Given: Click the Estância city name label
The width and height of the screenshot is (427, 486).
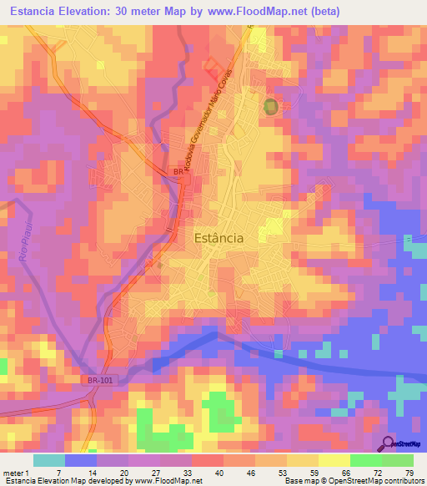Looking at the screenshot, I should click(x=219, y=237).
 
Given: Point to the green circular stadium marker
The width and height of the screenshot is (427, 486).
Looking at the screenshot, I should click(x=270, y=107).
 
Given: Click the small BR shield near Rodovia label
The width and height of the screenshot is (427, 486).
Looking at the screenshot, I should click(x=177, y=171).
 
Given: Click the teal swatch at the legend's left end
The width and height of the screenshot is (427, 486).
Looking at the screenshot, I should click(x=49, y=460).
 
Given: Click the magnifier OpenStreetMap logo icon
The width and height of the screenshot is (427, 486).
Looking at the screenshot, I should click(x=389, y=443).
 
